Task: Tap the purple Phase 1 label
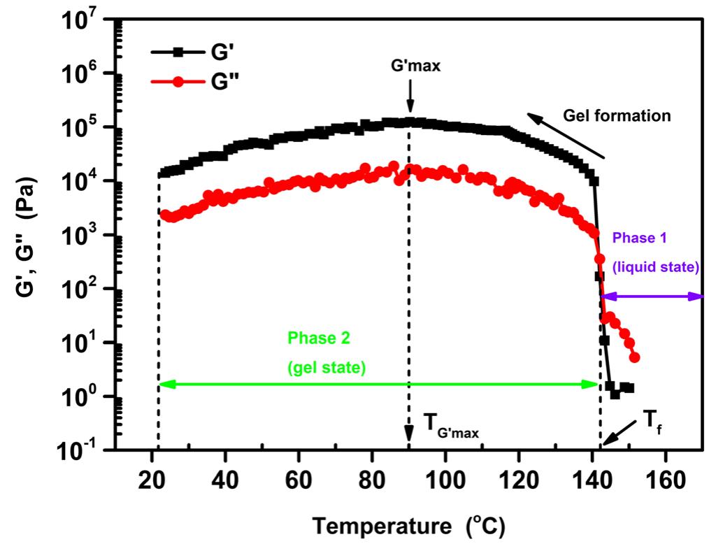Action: [640, 238]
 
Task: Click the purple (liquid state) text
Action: [657, 266]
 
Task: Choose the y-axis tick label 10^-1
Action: [85, 449]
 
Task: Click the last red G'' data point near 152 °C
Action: [634, 358]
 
